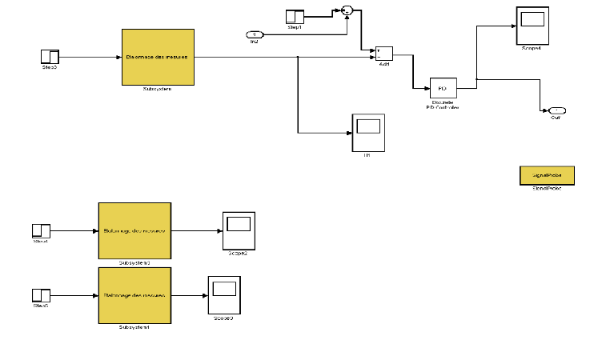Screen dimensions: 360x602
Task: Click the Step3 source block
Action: pos(50,56)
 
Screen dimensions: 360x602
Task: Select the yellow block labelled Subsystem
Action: pos(158,57)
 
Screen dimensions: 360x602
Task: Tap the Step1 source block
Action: pos(295,15)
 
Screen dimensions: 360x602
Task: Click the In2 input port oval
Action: pos(254,34)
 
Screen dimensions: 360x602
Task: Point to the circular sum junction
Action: pos(347,10)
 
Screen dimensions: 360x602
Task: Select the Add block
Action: pos(383,53)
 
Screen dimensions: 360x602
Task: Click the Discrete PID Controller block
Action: pos(442,88)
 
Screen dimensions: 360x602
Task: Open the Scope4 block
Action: pos(532,26)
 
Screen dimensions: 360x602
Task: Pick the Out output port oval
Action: pos(556,110)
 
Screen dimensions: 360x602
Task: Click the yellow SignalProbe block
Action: pos(541,174)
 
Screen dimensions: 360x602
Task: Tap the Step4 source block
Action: pos(41,230)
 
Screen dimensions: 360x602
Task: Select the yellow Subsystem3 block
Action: pos(134,230)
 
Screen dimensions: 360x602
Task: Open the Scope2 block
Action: pos(238,230)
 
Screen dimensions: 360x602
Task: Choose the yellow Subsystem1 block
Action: pos(134,295)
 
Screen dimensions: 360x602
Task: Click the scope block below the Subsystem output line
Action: pos(368,132)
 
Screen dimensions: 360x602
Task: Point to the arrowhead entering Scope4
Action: pos(514,26)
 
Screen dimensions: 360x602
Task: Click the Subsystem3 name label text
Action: pos(134,262)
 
